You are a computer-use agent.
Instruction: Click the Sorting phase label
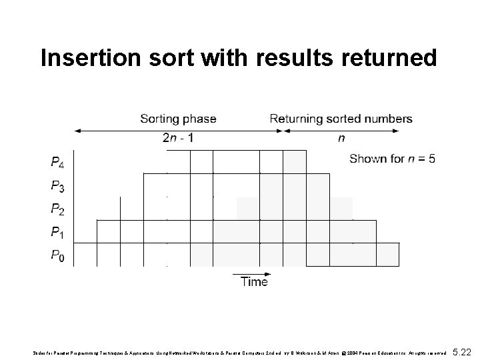click(x=178, y=119)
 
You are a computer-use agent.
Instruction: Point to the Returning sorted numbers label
click(x=341, y=119)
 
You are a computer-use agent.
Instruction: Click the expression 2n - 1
click(x=177, y=139)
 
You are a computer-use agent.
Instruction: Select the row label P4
click(x=58, y=163)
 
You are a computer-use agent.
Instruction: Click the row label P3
click(x=58, y=186)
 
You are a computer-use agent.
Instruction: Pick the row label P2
click(x=58, y=209)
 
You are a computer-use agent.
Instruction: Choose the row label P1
click(x=58, y=233)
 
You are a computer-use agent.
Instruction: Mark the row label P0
click(x=58, y=255)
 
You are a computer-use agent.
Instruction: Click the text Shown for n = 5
click(x=393, y=159)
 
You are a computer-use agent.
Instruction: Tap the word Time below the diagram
click(x=254, y=282)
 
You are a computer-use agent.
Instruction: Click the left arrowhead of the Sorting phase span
click(x=76, y=131)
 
